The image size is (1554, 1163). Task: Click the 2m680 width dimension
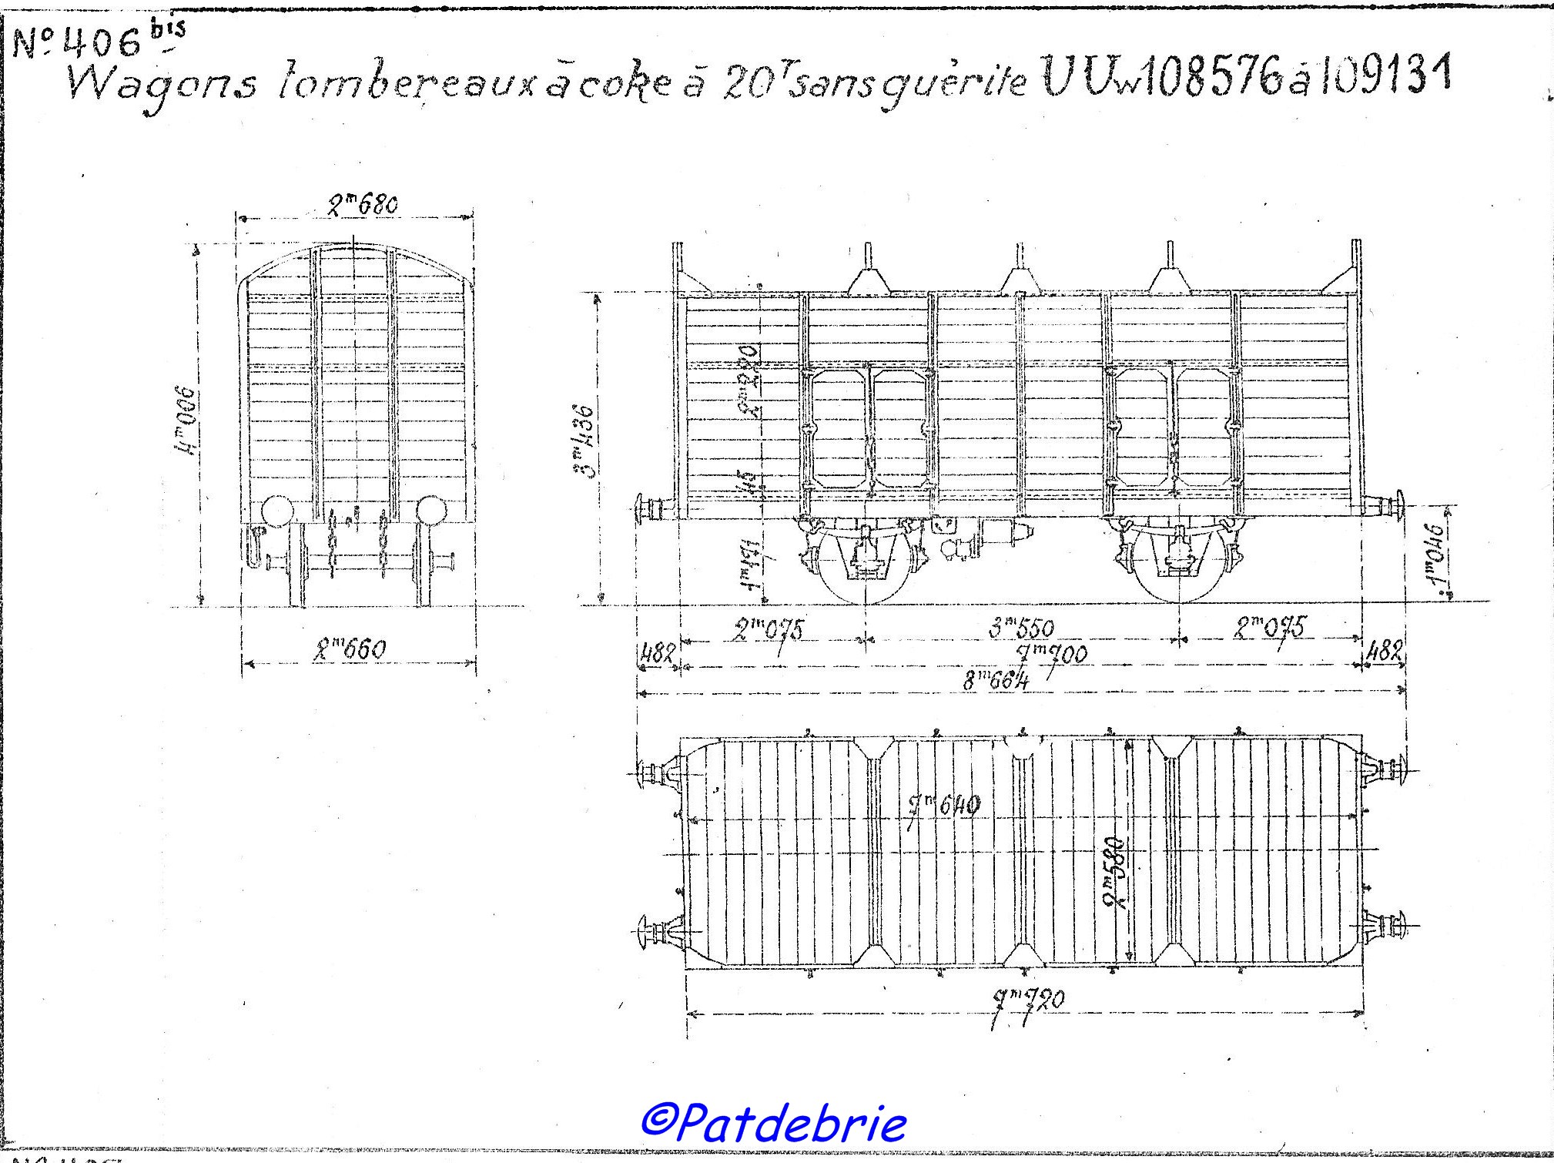(x=362, y=205)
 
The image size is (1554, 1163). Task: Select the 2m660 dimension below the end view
(x=350, y=651)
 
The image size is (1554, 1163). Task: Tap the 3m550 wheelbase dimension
(x=1021, y=628)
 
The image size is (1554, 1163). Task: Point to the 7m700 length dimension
(x=1052, y=655)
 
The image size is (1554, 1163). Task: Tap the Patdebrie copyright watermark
(x=773, y=1124)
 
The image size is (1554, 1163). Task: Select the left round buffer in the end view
(x=276, y=511)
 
